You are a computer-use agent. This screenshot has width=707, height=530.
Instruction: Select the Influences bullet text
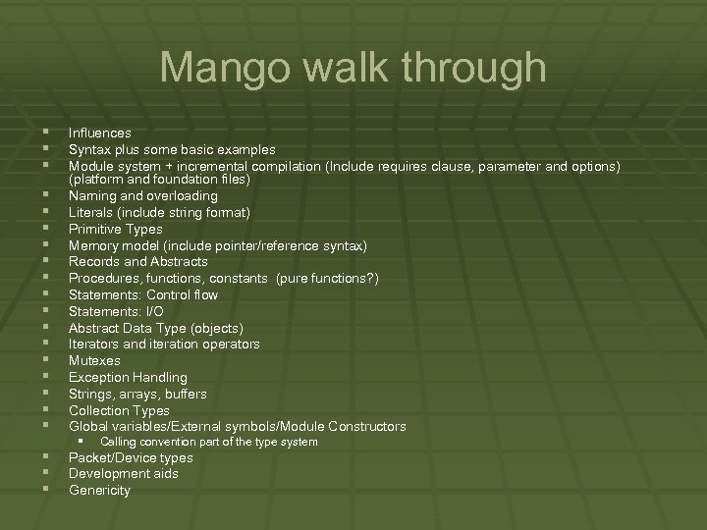pos(100,132)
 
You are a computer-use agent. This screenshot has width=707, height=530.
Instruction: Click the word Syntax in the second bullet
pos(88,149)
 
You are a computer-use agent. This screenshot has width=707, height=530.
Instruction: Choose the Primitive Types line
pos(116,229)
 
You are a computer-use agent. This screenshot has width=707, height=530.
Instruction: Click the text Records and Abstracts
pos(137,262)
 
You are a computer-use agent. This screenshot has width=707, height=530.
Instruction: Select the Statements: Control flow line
pos(143,294)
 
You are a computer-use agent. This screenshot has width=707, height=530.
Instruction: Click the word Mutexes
pos(95,360)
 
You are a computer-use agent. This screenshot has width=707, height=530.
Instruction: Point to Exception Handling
pos(128,377)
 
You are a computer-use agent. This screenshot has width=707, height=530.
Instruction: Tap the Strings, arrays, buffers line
pos(137,394)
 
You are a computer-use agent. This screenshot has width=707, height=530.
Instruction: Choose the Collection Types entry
pos(119,410)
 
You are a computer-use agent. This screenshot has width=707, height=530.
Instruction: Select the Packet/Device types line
pos(131,457)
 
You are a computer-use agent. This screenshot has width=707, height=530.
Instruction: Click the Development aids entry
pos(124,473)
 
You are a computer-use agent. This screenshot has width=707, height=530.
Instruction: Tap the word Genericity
pos(99,490)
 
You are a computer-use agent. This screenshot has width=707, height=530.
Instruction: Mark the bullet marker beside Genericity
pos(46,489)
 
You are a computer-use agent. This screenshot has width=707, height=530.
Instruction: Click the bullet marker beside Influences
pos(46,132)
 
